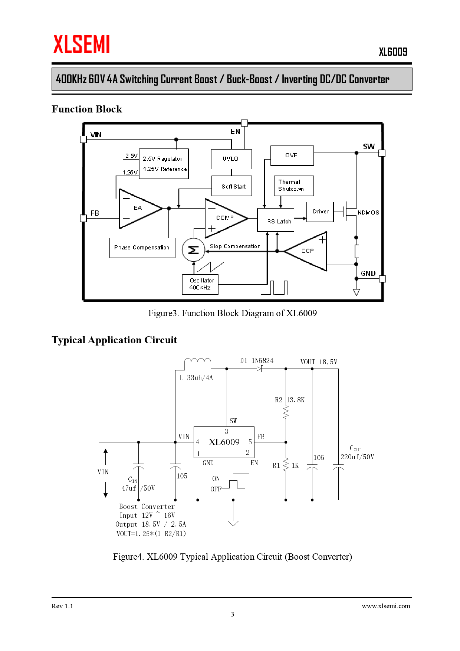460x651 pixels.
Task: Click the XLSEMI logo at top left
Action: tap(82, 44)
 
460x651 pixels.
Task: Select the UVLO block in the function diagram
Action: tap(231, 159)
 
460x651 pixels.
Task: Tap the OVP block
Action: tap(292, 156)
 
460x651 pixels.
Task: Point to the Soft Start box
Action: tap(231, 186)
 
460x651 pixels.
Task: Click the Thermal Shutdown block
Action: tap(293, 186)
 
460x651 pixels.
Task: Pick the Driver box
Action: tap(320, 212)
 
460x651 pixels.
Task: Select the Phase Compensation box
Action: tap(142, 248)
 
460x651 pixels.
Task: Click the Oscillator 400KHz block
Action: tap(200, 284)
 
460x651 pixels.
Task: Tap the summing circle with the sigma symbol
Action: tap(193, 250)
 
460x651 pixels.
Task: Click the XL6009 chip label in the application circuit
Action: tap(224, 442)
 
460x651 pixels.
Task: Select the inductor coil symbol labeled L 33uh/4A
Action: tap(198, 362)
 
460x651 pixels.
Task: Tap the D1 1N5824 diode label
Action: tap(257, 361)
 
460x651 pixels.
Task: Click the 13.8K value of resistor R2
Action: tap(296, 400)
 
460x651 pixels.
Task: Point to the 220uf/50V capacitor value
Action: tap(357, 457)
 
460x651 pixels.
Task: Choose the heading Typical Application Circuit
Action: tap(114, 340)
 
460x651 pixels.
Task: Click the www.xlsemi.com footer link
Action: tap(386, 606)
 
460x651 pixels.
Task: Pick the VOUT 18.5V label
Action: tap(319, 362)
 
